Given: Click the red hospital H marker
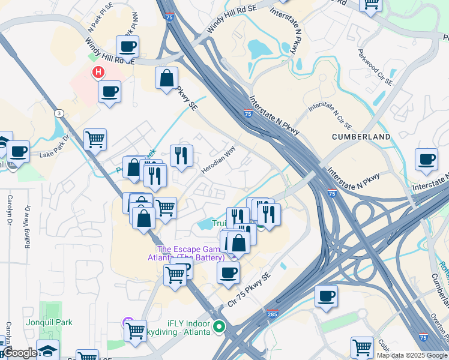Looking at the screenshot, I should click(97, 73).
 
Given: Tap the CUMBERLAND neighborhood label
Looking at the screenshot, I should click(361, 137).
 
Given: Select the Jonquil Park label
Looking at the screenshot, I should click(49, 322).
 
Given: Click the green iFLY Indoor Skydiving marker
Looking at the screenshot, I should click(220, 328).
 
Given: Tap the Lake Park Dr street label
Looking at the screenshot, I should click(55, 149).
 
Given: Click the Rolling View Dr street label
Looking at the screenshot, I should click(26, 234).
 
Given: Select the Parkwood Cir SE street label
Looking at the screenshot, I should click(375, 67).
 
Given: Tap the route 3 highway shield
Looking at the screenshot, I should click(59, 113).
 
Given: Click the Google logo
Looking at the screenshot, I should click(20, 353).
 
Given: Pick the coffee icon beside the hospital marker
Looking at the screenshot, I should click(109, 92).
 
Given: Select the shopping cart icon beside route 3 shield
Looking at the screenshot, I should click(95, 140).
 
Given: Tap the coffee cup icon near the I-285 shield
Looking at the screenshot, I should click(326, 296).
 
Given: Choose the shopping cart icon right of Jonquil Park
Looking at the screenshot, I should click(135, 329).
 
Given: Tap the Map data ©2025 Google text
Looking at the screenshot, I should click(412, 355).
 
